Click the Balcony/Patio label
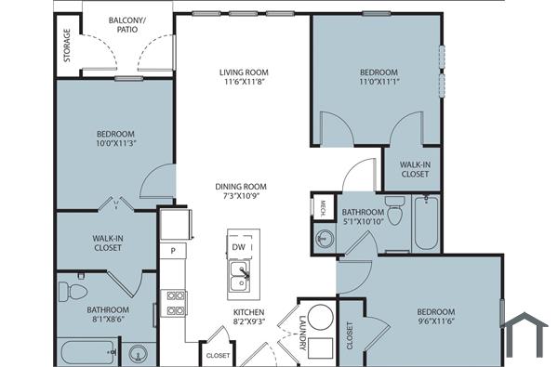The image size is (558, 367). (127, 24)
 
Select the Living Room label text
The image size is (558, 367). (244, 72)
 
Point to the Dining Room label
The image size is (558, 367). (241, 186)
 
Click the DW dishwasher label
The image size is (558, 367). (238, 247)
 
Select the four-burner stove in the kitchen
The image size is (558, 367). (175, 304)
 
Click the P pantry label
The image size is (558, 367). (172, 251)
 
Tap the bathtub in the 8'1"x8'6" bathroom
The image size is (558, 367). (86, 353)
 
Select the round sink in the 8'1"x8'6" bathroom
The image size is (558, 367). (139, 354)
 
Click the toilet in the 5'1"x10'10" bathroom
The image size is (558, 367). (393, 215)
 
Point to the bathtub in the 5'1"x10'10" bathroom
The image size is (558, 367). (426, 224)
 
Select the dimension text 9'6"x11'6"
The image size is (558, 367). (434, 321)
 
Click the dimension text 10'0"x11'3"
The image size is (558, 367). (116, 143)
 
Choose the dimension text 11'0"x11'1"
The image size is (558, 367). (379, 83)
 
